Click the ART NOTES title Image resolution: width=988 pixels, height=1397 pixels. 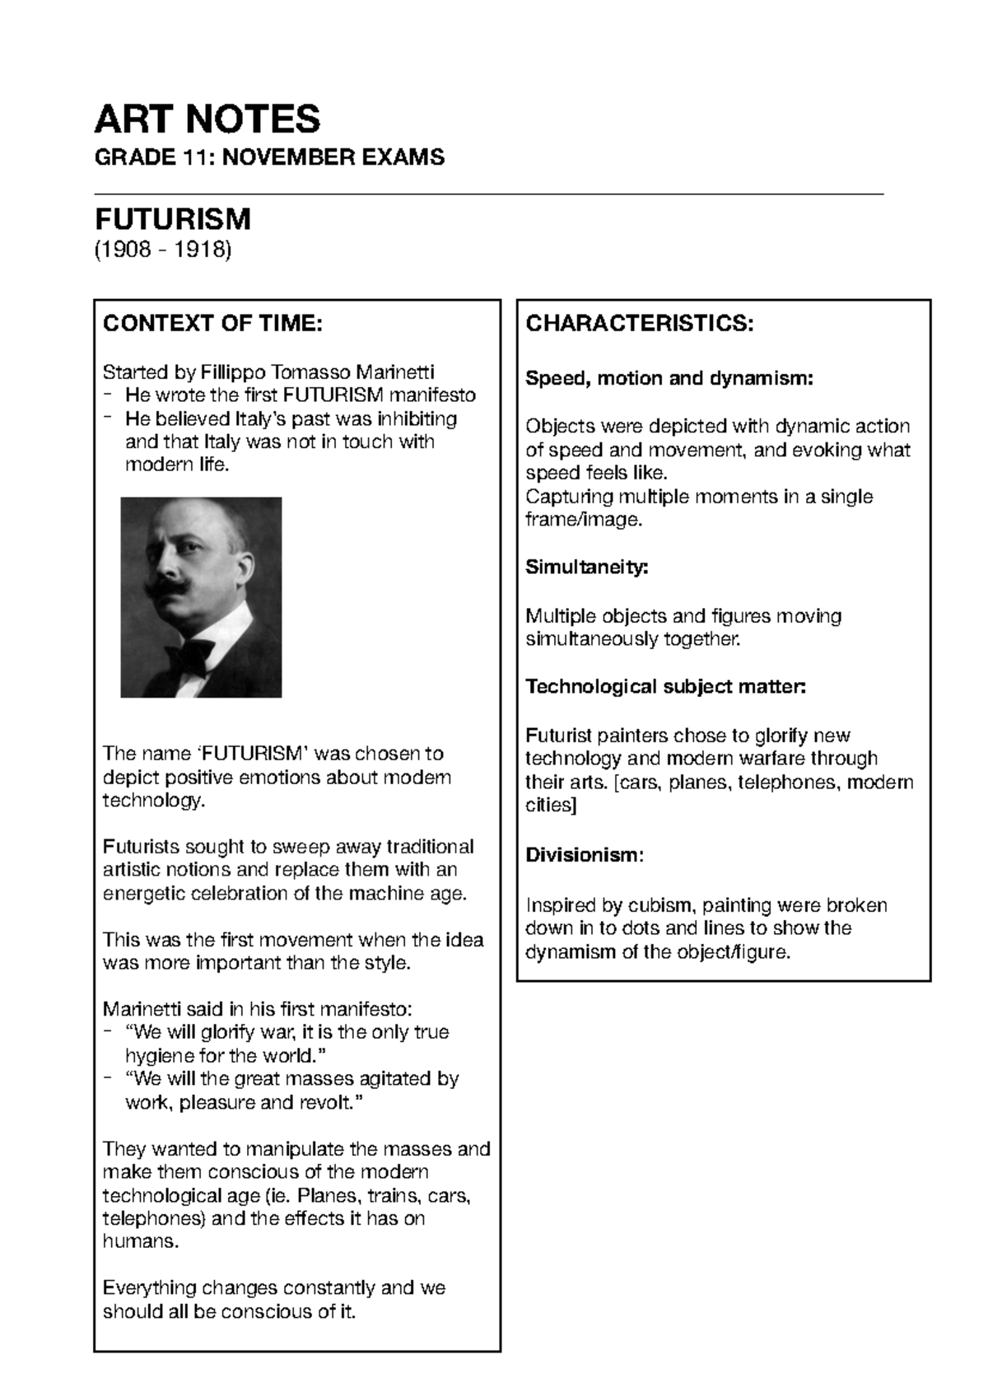[207, 119]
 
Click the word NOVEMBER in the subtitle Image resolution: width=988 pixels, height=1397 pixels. [291, 157]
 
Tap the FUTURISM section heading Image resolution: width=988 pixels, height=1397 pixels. [172, 219]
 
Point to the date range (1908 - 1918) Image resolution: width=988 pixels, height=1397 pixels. [162, 249]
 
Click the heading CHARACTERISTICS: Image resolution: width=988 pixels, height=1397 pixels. [639, 324]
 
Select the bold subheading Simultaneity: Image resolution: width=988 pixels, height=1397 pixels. [587, 568]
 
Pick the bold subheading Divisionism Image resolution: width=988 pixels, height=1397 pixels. [581, 855]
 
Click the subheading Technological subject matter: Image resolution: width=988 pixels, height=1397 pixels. [665, 687]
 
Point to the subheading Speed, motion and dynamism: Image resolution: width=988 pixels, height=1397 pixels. [669, 379]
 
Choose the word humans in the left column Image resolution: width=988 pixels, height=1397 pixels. [139, 1241]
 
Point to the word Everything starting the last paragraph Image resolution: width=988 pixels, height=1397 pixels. [149, 1287]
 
